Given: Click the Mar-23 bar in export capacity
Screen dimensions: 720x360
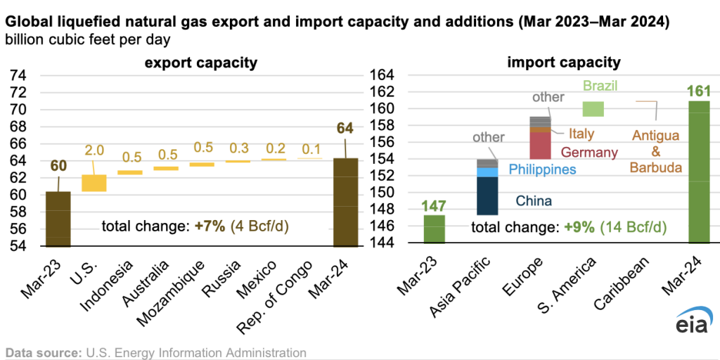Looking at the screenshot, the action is pos(58,219).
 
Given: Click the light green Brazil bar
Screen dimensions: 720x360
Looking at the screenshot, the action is pos(593,109).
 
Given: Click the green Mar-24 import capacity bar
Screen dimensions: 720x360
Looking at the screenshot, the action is pos(699,172).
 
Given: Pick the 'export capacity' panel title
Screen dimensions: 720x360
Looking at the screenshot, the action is pos(200,63).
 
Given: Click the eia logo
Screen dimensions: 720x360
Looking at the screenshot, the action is pos(694,321).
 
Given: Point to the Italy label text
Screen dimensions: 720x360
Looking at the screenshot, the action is pos(581,134).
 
